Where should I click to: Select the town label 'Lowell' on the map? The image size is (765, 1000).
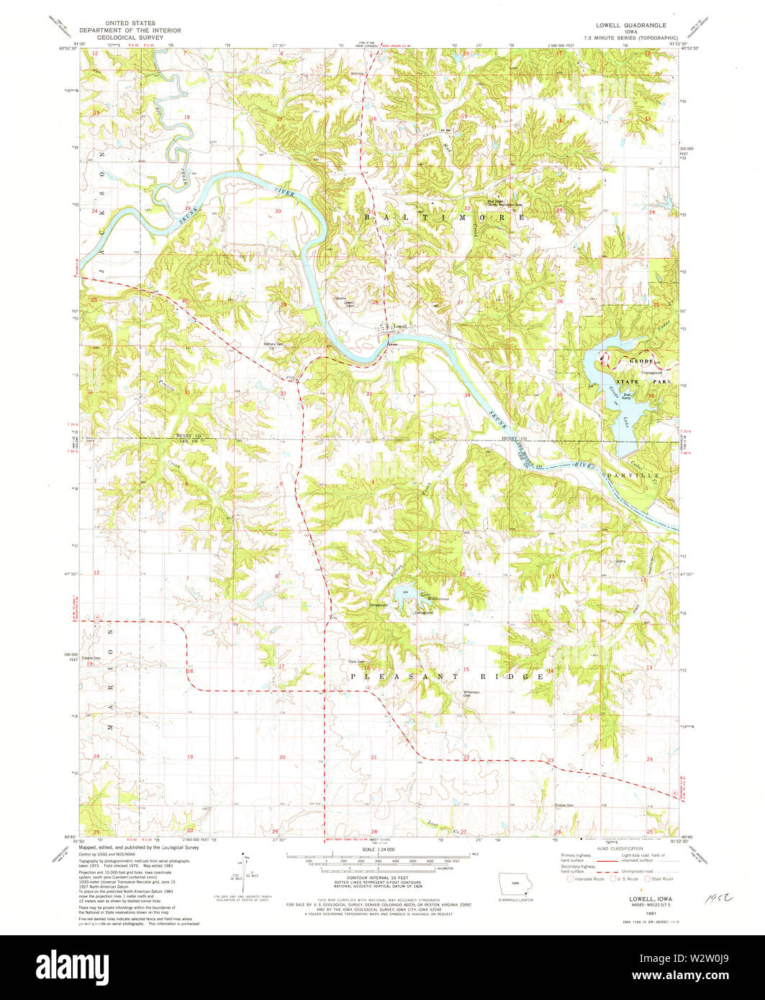pyautogui.click(x=400, y=327)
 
